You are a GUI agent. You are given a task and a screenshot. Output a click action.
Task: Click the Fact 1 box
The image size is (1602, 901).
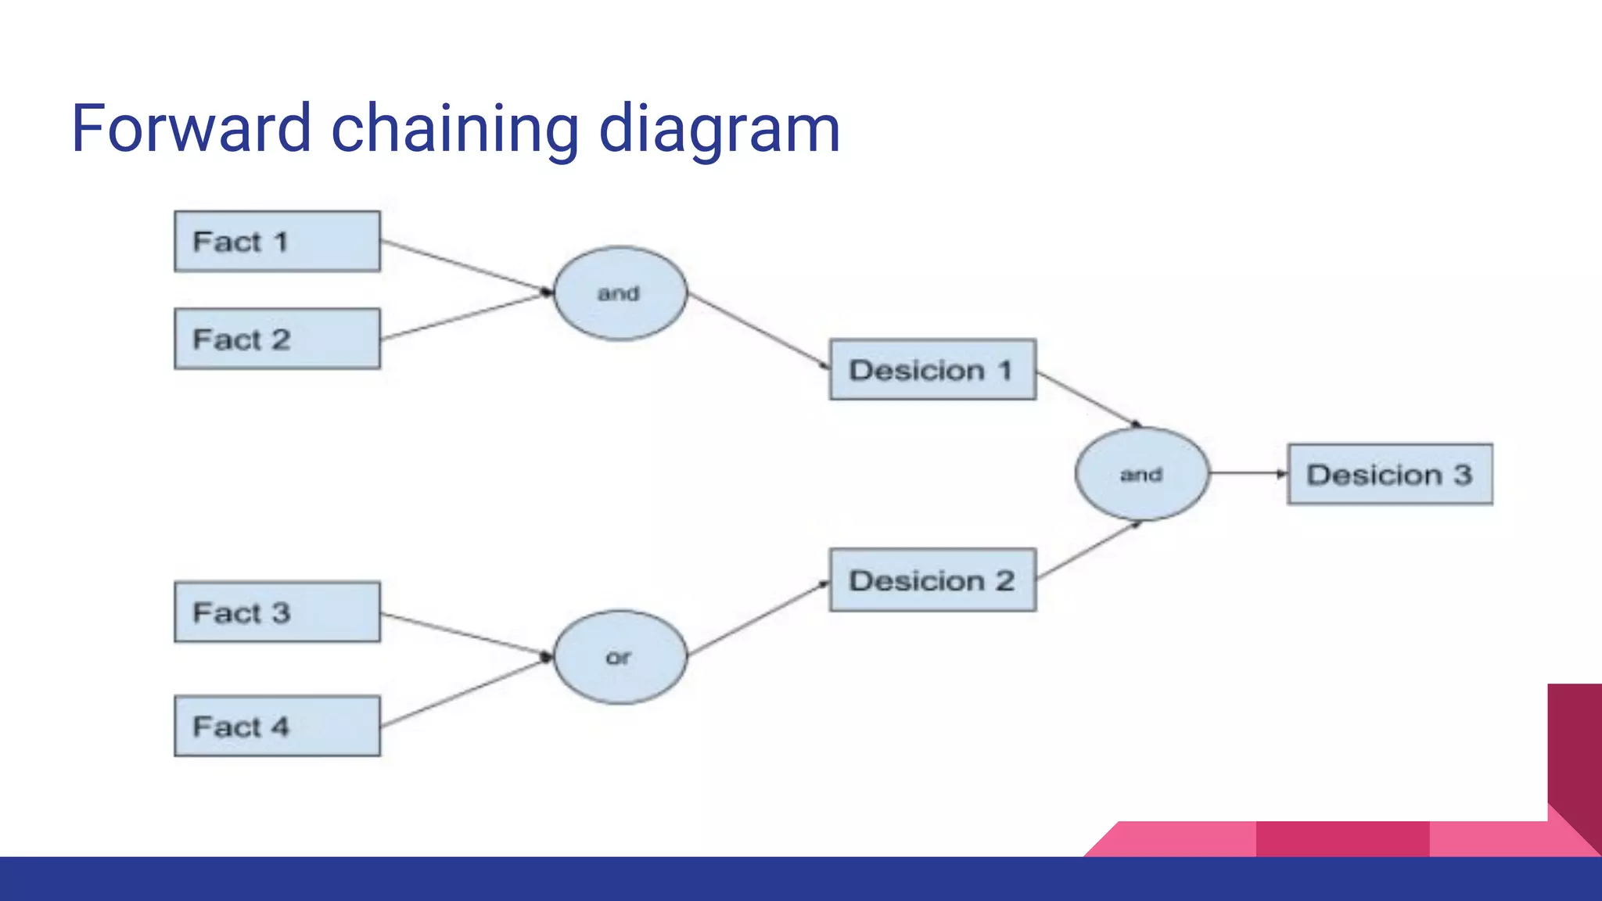click(x=277, y=241)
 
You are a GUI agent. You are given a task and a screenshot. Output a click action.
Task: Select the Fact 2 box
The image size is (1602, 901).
click(x=277, y=339)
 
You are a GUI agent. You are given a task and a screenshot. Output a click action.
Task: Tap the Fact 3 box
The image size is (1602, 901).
click(x=277, y=612)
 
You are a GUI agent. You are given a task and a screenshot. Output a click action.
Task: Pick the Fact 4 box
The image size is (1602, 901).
click(x=277, y=726)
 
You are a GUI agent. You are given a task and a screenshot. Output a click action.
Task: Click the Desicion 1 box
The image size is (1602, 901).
click(x=932, y=369)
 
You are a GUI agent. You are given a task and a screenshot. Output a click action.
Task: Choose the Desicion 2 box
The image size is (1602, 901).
click(x=932, y=580)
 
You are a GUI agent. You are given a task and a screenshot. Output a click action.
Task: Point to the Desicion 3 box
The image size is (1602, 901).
click(x=1390, y=474)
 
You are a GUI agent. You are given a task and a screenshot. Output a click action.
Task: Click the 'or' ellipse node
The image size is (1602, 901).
click(x=620, y=657)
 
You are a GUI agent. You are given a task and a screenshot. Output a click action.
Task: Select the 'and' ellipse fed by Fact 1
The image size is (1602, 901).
click(x=620, y=293)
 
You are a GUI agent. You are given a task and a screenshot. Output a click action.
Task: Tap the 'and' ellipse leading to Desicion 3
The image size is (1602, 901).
click(x=1141, y=474)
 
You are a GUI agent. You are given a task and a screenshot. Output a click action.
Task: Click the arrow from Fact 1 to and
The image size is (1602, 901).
click(x=466, y=267)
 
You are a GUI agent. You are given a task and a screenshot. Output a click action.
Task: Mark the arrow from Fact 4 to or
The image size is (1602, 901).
click(x=466, y=692)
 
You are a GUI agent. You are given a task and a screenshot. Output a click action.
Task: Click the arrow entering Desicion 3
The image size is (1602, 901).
click(x=1248, y=473)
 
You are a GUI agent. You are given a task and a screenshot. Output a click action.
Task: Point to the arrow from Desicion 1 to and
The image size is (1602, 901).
click(x=1089, y=400)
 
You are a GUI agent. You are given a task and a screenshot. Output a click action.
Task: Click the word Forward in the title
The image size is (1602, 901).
click(x=191, y=129)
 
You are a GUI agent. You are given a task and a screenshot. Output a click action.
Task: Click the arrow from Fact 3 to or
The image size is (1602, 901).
click(x=466, y=634)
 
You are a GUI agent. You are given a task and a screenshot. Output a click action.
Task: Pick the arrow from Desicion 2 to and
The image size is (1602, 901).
click(x=1089, y=551)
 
